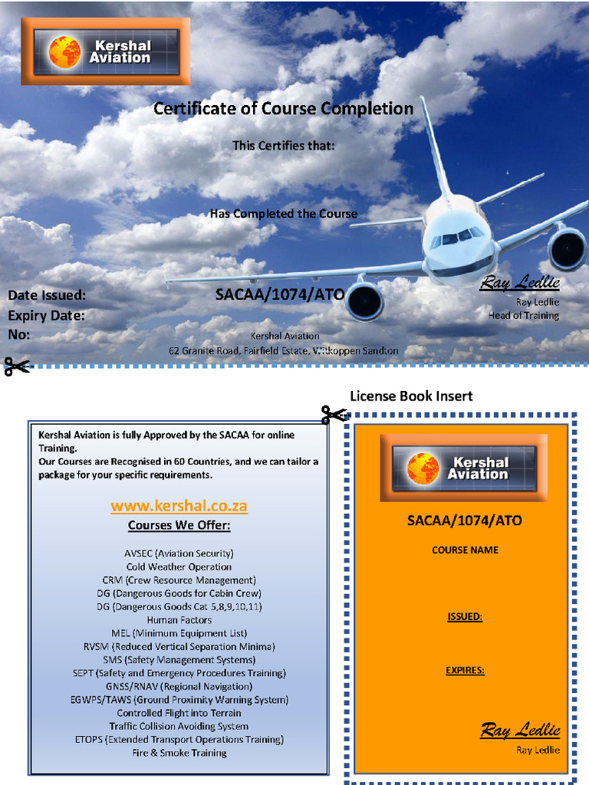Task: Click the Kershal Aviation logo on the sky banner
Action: [x=107, y=52]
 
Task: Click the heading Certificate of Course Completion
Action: [x=283, y=109]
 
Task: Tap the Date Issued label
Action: [x=47, y=295]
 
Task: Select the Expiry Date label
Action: [x=46, y=315]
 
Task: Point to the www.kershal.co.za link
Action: [x=179, y=507]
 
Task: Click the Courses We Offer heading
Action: [x=179, y=526]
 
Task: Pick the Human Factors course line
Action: [x=179, y=619]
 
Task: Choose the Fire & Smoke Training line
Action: [x=179, y=753]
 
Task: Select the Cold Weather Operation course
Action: [x=179, y=567]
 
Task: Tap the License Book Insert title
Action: [x=411, y=396]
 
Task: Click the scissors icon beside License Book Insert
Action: [x=334, y=415]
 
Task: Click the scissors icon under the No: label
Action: [x=17, y=366]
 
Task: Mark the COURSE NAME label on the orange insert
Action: [x=465, y=550]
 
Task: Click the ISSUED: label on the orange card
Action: [x=465, y=617]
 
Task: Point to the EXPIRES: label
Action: [x=465, y=671]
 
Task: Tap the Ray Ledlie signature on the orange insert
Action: [x=520, y=730]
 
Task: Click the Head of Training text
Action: [x=524, y=316]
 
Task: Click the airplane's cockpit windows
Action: [x=458, y=238]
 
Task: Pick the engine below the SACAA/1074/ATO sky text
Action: [x=364, y=301]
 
